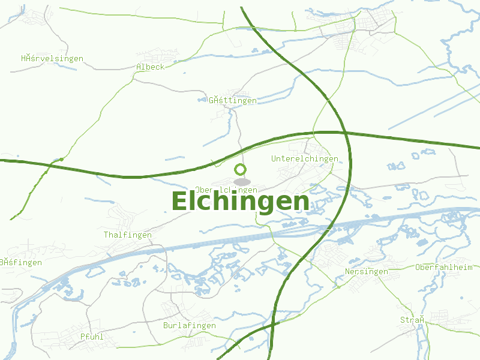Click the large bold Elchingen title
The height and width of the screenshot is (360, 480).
(x=240, y=202)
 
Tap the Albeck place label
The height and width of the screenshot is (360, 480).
(x=150, y=67)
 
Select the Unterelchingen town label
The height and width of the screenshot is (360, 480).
(x=305, y=159)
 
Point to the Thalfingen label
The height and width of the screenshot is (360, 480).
(x=128, y=235)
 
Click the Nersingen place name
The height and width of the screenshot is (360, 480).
(x=367, y=272)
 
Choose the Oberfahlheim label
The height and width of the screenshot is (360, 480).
(x=444, y=267)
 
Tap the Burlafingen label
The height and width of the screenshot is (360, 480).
(x=190, y=325)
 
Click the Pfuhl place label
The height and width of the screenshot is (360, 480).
(x=92, y=337)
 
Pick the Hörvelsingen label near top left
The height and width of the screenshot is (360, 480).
(x=52, y=59)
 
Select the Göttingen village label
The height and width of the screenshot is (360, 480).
(x=233, y=100)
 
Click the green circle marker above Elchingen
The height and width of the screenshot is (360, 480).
(x=241, y=169)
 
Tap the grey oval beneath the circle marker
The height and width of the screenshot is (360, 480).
(x=242, y=181)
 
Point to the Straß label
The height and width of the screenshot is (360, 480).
(x=413, y=320)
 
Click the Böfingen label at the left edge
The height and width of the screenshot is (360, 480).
(x=21, y=262)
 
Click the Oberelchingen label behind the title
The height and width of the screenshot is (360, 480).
(x=226, y=190)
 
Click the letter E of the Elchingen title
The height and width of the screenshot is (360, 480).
(x=181, y=202)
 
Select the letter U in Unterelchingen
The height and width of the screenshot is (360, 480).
(x=274, y=159)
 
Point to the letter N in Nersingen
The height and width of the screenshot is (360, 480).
(x=348, y=272)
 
